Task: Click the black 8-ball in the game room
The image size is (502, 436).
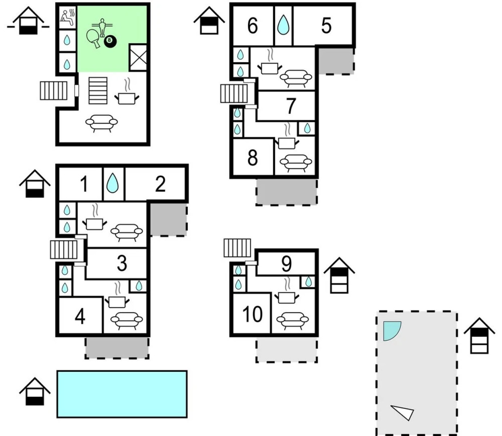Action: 110,42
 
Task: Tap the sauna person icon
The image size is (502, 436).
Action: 67,17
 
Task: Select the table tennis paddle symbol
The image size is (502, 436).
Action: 94,38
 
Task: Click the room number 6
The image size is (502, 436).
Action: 253,26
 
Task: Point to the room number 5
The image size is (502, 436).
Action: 326,26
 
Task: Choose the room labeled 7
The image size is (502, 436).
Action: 291,106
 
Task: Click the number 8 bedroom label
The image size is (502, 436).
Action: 252,157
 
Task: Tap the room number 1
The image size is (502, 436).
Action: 84,184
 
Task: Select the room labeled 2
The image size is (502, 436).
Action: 160,184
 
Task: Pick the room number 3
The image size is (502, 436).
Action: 122,263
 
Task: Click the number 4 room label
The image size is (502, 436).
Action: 80,317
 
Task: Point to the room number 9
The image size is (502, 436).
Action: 286,264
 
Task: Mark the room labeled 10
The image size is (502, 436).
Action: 252,314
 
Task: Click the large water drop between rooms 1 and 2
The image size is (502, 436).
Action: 112,183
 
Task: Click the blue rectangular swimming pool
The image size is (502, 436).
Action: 122,394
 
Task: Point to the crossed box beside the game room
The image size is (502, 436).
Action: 138,57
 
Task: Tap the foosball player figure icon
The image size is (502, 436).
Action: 102,27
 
